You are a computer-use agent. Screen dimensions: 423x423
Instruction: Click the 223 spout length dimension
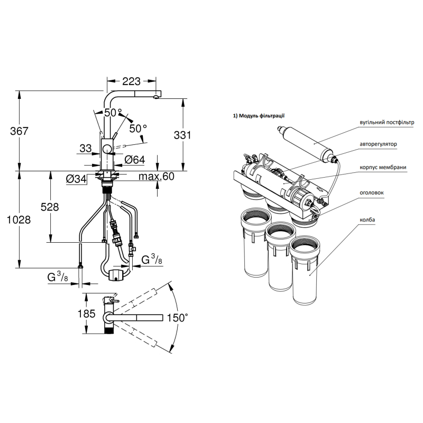point(131,81)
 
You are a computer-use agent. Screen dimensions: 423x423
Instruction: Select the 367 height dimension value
point(19,131)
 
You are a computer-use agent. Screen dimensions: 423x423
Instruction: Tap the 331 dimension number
point(182,135)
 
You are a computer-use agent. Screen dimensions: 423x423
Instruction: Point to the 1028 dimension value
point(19,220)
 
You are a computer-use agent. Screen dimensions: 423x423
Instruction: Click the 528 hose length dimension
point(50,207)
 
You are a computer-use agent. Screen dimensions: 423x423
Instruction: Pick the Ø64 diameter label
point(135,160)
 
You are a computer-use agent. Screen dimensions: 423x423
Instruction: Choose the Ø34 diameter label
point(76,179)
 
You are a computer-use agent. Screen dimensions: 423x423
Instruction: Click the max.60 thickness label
point(157,177)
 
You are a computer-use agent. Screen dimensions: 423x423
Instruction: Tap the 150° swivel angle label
point(177,318)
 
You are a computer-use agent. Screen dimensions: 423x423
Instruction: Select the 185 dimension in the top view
point(87,314)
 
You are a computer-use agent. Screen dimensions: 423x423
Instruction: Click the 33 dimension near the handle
point(86,149)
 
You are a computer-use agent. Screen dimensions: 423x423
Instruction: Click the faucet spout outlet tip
point(155,97)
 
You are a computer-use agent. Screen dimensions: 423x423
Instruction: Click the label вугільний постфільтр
point(387,123)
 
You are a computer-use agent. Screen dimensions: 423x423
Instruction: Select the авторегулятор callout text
point(378,144)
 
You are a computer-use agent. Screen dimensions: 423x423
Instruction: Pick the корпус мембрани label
point(383,167)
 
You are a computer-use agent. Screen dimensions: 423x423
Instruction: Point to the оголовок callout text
point(372,192)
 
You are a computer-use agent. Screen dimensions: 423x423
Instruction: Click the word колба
point(367,220)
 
